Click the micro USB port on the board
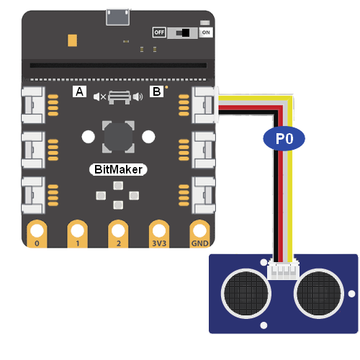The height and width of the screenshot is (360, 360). pos(118,17)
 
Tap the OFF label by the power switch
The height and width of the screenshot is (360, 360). pos(159,32)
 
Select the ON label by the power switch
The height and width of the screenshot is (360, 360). pos(206,32)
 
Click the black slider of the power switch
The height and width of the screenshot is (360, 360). pos(186,33)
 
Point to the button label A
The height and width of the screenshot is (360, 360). pos(79,91)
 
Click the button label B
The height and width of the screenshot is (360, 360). pos(157,91)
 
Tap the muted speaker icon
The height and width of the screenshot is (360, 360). pos(99,97)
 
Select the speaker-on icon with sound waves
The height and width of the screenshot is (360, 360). pos(138,97)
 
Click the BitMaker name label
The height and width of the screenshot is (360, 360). pos(118,169)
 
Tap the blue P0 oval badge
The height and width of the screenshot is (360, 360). pos(284,138)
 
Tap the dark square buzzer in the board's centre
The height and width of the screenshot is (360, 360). pos(118,137)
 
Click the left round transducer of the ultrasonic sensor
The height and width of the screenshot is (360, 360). pos(246,294)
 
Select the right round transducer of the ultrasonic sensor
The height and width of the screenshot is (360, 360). pos(319,294)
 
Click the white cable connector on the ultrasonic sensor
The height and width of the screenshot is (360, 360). pos(284,270)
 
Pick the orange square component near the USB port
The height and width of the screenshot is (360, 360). pos(72,40)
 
